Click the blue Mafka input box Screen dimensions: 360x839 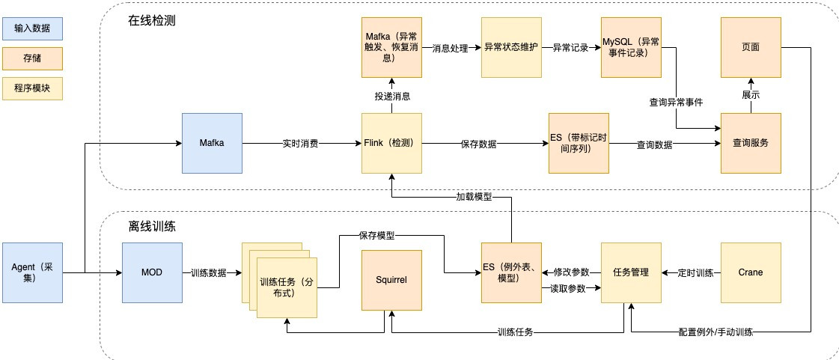(x=212, y=143)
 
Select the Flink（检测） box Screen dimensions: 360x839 (x=391, y=143)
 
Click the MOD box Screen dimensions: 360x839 (x=152, y=272)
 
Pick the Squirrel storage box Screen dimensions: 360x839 (x=391, y=280)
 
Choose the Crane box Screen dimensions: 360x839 (x=750, y=272)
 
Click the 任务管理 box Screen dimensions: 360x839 (x=631, y=272)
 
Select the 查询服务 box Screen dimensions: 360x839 (x=750, y=143)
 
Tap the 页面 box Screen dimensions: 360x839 (x=750, y=47)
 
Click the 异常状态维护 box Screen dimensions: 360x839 (x=511, y=47)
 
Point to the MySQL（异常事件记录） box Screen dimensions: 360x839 (x=631, y=47)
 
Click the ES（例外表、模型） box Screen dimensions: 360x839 (x=511, y=272)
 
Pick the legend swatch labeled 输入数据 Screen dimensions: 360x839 (x=33, y=28)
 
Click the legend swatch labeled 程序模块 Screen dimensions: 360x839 (x=33, y=88)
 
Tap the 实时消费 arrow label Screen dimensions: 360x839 (x=300, y=144)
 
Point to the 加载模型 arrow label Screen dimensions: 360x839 (x=475, y=197)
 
